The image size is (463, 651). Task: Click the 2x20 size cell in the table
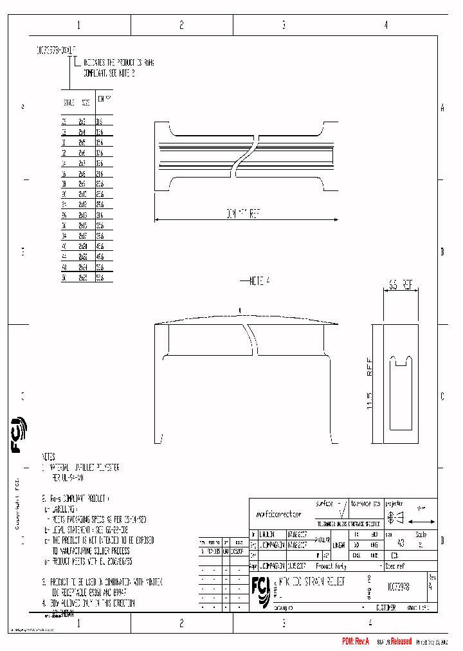coord(83,246)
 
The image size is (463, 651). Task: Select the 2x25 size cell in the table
coord(83,278)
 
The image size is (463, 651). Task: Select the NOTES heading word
coord(49,455)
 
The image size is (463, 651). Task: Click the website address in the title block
coord(278,515)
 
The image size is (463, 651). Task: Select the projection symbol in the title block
coord(395,516)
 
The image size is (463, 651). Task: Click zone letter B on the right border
coord(442,252)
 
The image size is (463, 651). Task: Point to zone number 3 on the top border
coord(284,25)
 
